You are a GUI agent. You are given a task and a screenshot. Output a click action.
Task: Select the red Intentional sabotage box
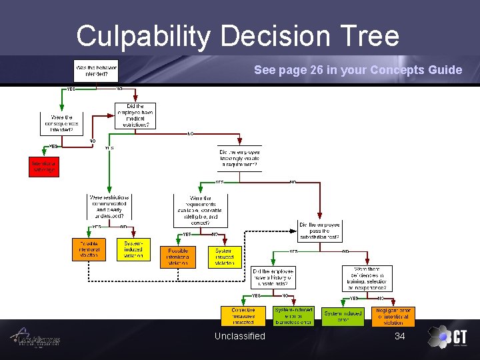[x=44, y=166]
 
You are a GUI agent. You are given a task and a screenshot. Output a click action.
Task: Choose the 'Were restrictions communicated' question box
[x=109, y=207]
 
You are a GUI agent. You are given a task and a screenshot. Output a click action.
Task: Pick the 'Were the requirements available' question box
[x=201, y=209]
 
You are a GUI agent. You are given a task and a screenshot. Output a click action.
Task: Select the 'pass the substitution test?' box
[x=319, y=231]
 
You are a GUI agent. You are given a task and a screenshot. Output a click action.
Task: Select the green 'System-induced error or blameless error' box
[x=293, y=316]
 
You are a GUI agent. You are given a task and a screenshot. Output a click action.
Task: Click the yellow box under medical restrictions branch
[x=133, y=250]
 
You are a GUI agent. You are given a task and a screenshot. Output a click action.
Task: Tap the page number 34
[x=400, y=336]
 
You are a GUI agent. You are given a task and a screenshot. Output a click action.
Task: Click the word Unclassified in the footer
[x=239, y=336]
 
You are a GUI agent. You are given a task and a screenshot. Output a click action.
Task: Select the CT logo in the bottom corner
[x=447, y=337]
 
